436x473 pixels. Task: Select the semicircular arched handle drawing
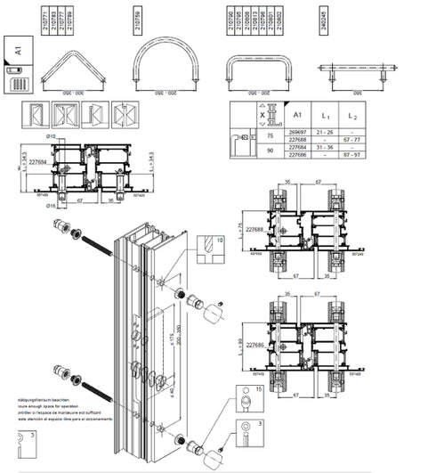click(165, 63)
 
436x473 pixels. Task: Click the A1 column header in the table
click(299, 115)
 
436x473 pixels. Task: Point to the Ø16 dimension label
click(53, 206)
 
